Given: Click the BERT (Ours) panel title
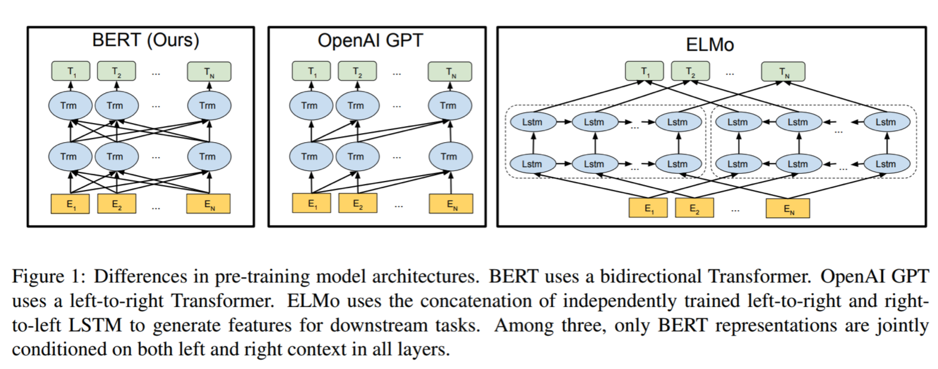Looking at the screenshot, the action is click(146, 41).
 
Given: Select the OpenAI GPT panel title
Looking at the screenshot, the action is click(371, 41).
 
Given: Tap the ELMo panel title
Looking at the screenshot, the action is click(710, 45).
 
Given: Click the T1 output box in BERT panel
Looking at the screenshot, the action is click(71, 71).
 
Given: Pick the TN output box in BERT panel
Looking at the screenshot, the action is click(209, 72).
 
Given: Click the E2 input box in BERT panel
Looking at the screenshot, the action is click(116, 204).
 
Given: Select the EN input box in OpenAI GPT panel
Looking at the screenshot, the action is click(451, 204).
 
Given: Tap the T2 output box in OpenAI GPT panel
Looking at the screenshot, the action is click(357, 71).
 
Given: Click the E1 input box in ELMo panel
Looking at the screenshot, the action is click(649, 208).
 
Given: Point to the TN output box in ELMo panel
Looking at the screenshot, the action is click(783, 72).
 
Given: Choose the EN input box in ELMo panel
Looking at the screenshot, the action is click(788, 208).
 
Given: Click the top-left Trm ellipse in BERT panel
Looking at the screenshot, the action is click(70, 105).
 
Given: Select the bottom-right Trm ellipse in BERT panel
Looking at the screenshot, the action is click(209, 156).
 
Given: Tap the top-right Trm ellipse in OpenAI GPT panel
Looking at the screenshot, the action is click(450, 105).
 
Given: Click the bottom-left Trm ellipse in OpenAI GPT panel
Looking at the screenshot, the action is click(311, 156).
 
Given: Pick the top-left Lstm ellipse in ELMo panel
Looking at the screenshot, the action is click(533, 122).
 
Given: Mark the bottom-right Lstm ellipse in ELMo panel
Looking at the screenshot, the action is click(887, 164).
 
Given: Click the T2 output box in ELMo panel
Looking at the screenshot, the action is click(690, 71).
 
